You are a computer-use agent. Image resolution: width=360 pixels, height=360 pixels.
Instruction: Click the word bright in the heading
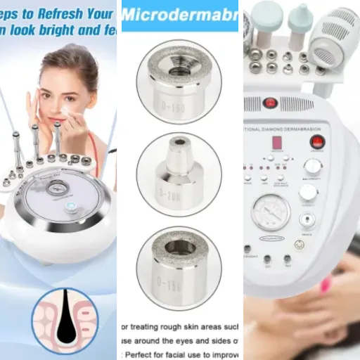pos(57,32)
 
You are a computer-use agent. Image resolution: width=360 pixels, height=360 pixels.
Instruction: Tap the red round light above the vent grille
pos(269,103)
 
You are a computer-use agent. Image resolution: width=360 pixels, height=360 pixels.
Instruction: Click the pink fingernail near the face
pos(326,284)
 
